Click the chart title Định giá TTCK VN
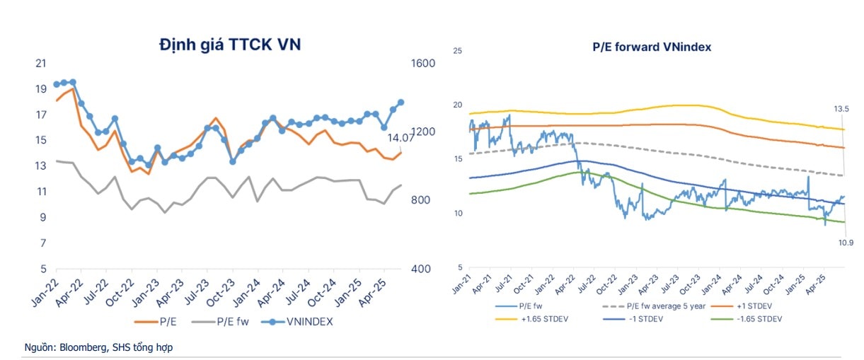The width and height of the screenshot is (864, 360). coord(230,45)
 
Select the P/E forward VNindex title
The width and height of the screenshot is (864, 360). coord(652,47)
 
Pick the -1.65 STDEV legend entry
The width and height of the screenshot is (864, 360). coord(753,319)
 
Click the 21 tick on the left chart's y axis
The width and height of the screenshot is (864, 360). coord(40,64)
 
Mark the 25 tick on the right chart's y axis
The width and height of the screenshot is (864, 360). coord(457,51)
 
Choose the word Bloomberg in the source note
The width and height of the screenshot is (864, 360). coord(83,347)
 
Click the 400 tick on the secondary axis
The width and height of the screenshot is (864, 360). coord(421,269)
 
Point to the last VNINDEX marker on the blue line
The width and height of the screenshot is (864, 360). coord(401,103)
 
